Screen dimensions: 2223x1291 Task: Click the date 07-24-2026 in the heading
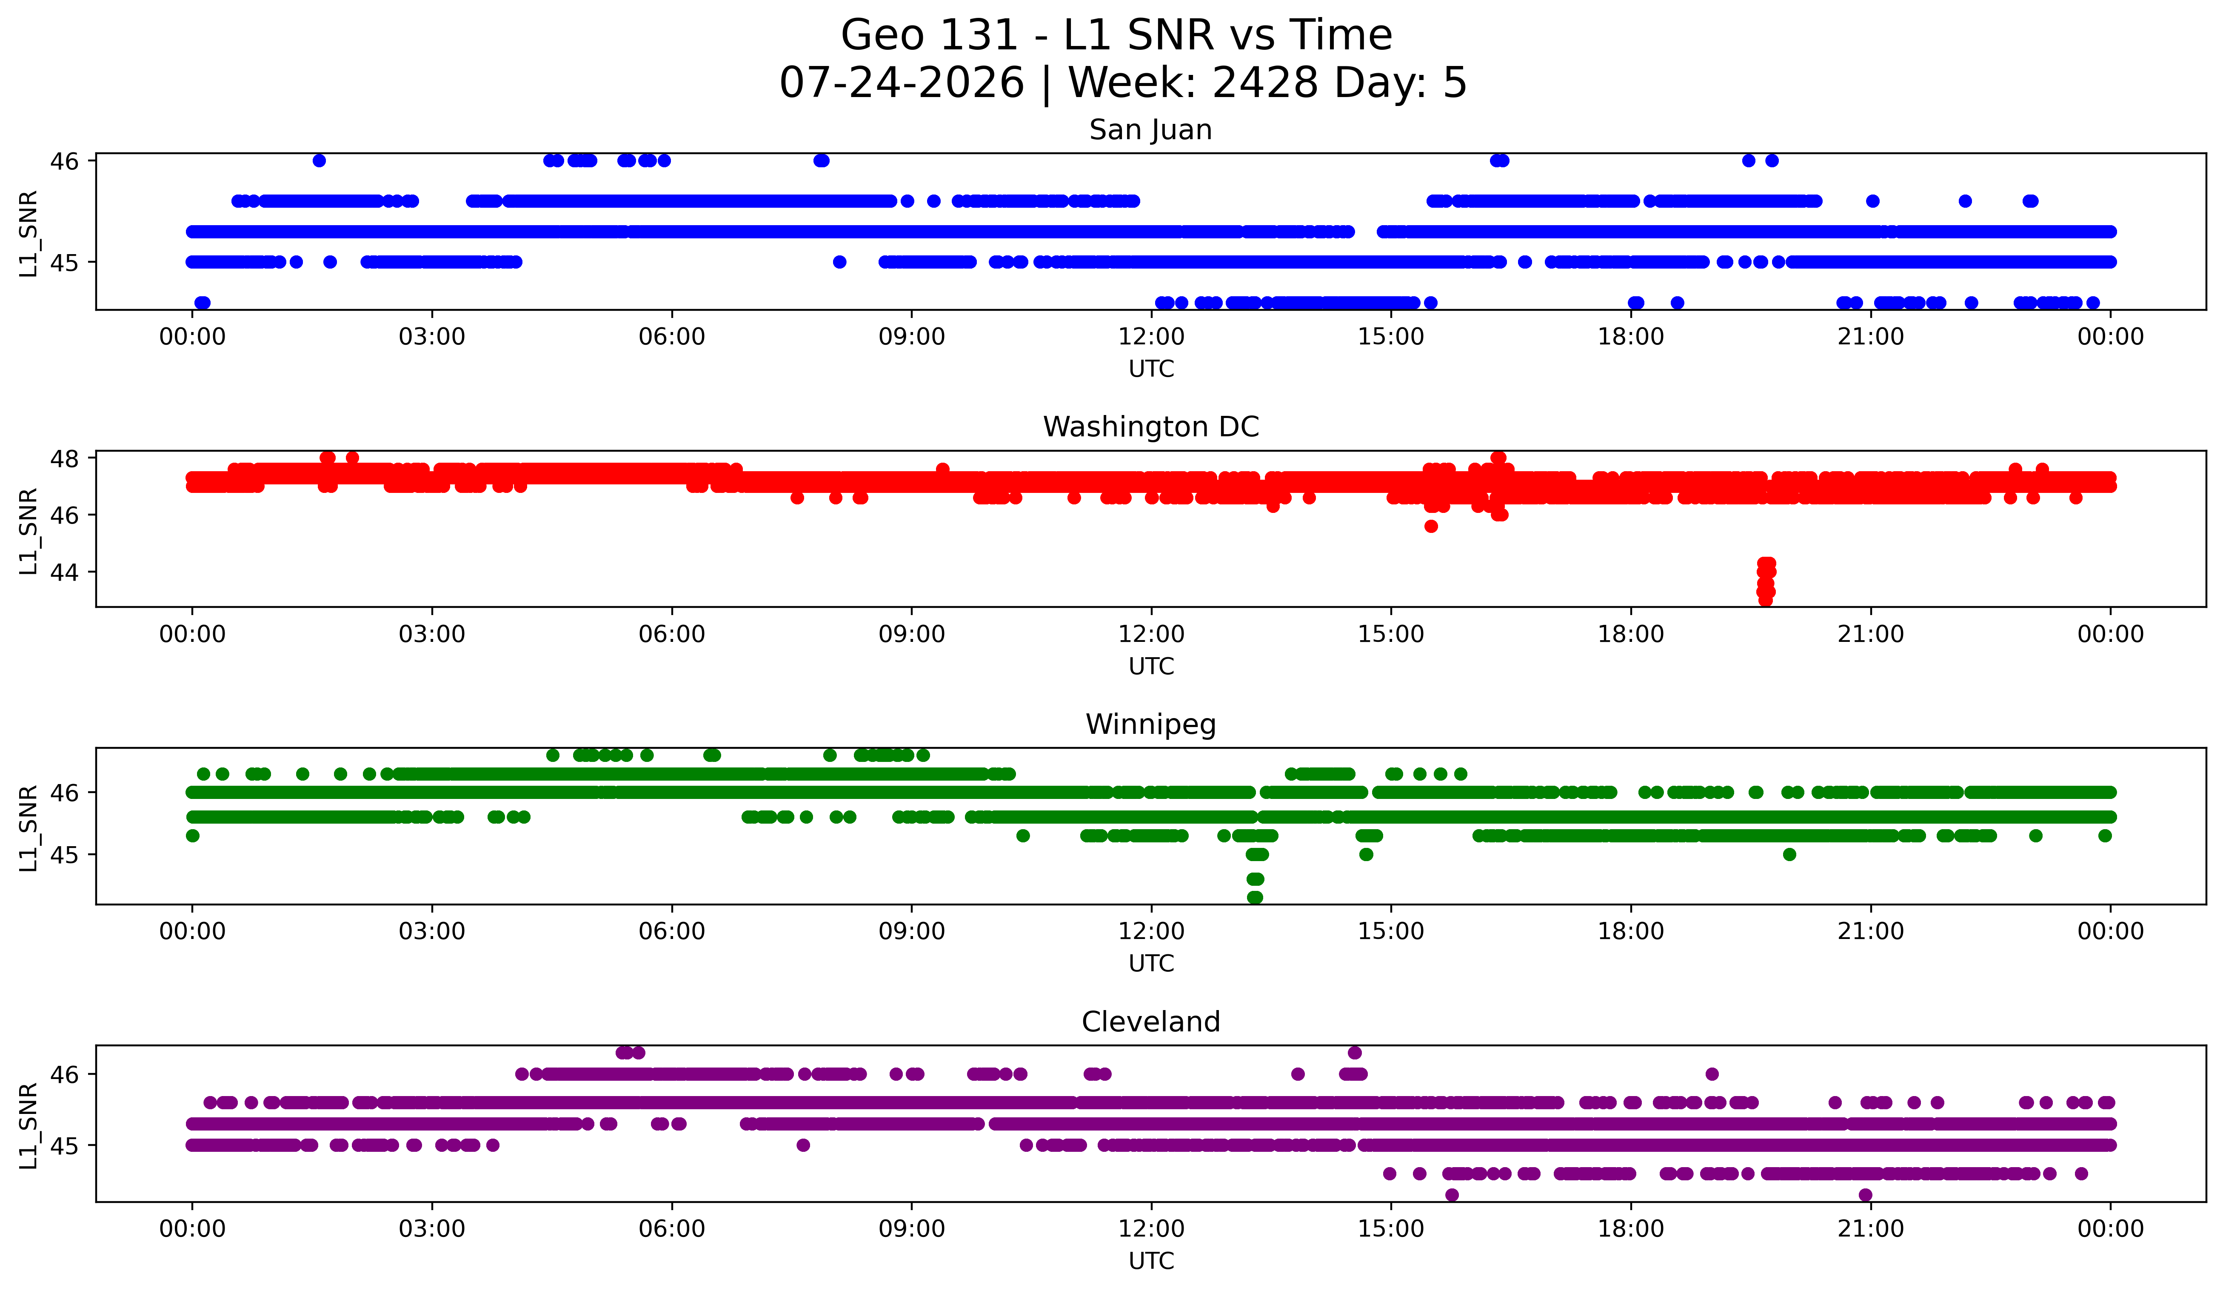click(x=902, y=83)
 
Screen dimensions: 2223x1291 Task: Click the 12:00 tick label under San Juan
click(x=1151, y=337)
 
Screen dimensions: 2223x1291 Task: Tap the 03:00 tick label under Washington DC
click(x=432, y=635)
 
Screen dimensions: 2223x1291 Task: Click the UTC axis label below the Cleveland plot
click(x=1151, y=1261)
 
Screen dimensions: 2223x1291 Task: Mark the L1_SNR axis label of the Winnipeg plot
click(x=28, y=827)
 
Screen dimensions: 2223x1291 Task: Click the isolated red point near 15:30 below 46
click(x=1431, y=527)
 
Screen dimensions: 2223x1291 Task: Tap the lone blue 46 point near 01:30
click(x=320, y=160)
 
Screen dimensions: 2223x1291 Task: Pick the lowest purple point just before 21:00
click(x=1865, y=1195)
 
